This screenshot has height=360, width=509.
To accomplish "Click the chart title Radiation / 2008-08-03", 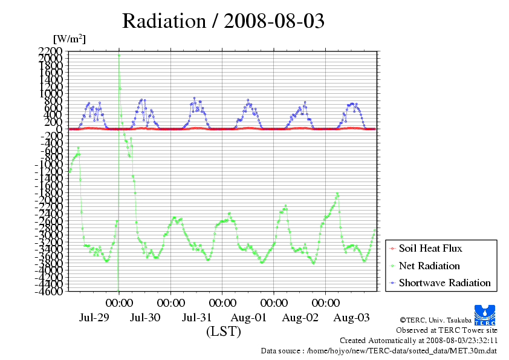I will [x=223, y=21].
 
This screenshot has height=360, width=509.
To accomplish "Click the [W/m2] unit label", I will [x=69, y=39].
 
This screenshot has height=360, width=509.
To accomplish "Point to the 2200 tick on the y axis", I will [x=50, y=51].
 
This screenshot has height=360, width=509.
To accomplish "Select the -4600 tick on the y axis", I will [x=48, y=292].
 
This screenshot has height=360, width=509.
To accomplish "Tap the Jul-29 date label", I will [x=94, y=317].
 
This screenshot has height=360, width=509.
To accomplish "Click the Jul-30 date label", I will [x=145, y=317].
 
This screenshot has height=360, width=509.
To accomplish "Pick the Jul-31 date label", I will [x=197, y=317].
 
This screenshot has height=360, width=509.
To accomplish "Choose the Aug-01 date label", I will [x=248, y=317].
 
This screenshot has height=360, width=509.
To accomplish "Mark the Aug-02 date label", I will [x=300, y=317].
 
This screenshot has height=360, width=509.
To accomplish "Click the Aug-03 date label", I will [x=351, y=317].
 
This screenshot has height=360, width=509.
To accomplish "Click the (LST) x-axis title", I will [x=223, y=332].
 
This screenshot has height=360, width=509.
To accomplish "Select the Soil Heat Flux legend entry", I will [x=430, y=249].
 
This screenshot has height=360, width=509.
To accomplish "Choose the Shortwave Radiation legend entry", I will [x=444, y=283].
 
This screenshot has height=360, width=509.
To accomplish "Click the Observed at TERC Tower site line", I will [x=447, y=330].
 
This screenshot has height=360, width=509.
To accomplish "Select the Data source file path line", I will [x=379, y=350].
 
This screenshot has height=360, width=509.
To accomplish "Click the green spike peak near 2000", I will [x=119, y=56].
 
